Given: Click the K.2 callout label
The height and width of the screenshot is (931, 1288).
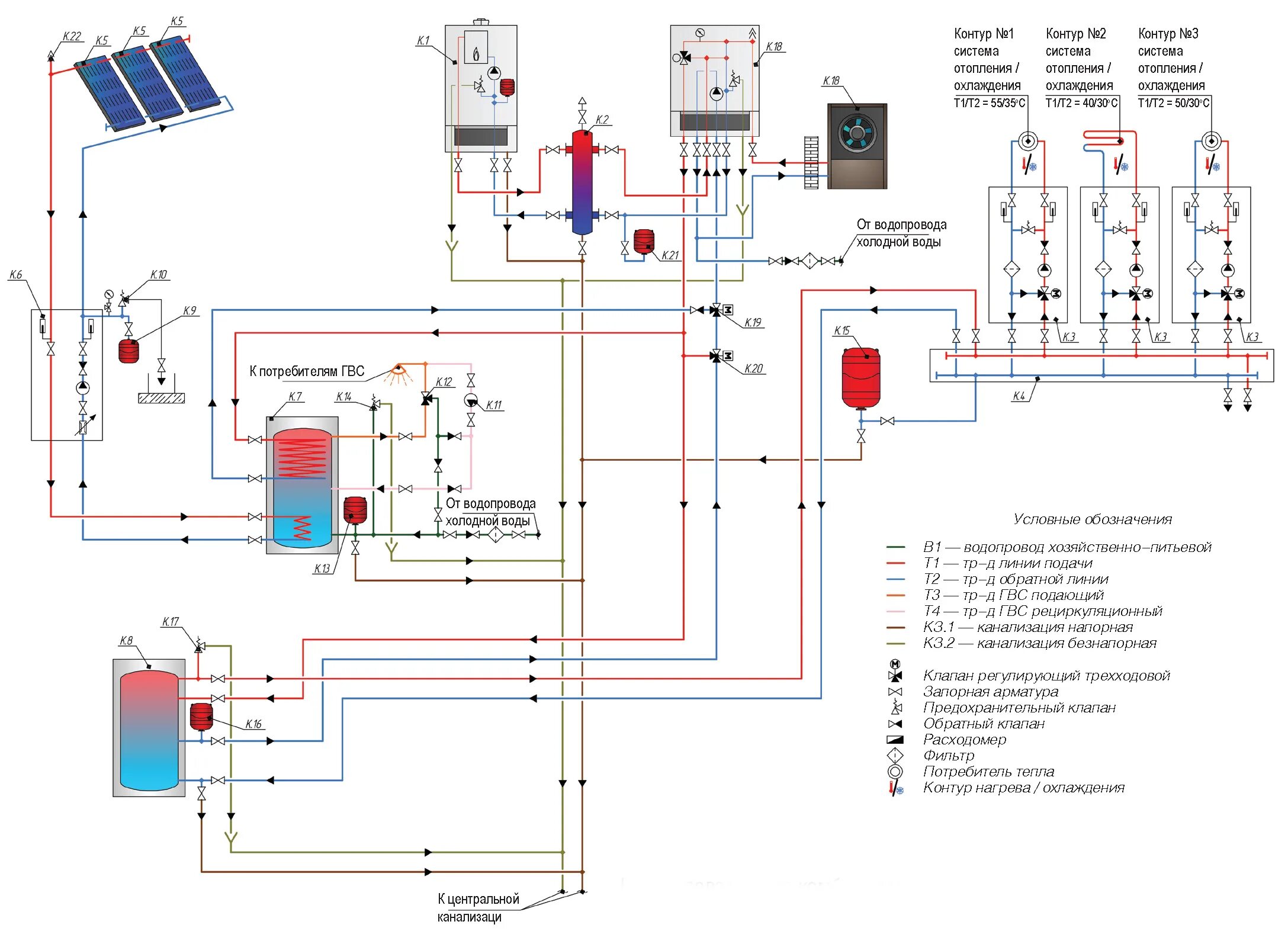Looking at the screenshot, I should [x=602, y=120].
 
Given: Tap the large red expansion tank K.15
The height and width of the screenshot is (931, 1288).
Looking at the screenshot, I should [x=860, y=378].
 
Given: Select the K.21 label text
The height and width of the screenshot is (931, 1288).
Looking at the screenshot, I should [x=670, y=255].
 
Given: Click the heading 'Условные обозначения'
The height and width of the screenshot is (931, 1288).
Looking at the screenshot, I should [x=1092, y=519].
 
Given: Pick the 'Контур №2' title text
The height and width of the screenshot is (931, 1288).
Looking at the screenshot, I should [x=1075, y=34].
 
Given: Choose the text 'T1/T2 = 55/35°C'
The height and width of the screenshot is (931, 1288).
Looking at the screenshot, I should [x=989, y=103].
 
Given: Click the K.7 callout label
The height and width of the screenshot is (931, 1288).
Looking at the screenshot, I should [x=295, y=396].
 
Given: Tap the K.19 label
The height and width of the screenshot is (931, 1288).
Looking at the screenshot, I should [x=753, y=322].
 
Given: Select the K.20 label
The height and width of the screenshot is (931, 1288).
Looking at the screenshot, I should [x=753, y=368].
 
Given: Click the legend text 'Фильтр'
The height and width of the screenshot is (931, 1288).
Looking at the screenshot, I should [x=948, y=756].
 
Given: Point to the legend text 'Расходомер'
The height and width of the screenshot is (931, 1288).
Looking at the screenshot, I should [x=964, y=740].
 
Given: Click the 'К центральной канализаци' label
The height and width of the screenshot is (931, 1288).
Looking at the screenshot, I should [x=477, y=907].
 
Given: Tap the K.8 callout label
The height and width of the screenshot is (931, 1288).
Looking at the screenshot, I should [x=126, y=640].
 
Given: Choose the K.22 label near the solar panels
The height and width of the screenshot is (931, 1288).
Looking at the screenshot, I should [x=72, y=37].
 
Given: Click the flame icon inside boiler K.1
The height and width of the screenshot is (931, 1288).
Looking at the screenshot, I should [x=476, y=55].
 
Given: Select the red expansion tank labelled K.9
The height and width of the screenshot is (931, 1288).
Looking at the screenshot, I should [x=129, y=351].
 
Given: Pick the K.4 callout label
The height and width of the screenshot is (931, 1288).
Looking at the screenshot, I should [x=1019, y=396].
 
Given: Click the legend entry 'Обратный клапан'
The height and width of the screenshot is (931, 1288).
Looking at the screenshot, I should [x=983, y=724].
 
